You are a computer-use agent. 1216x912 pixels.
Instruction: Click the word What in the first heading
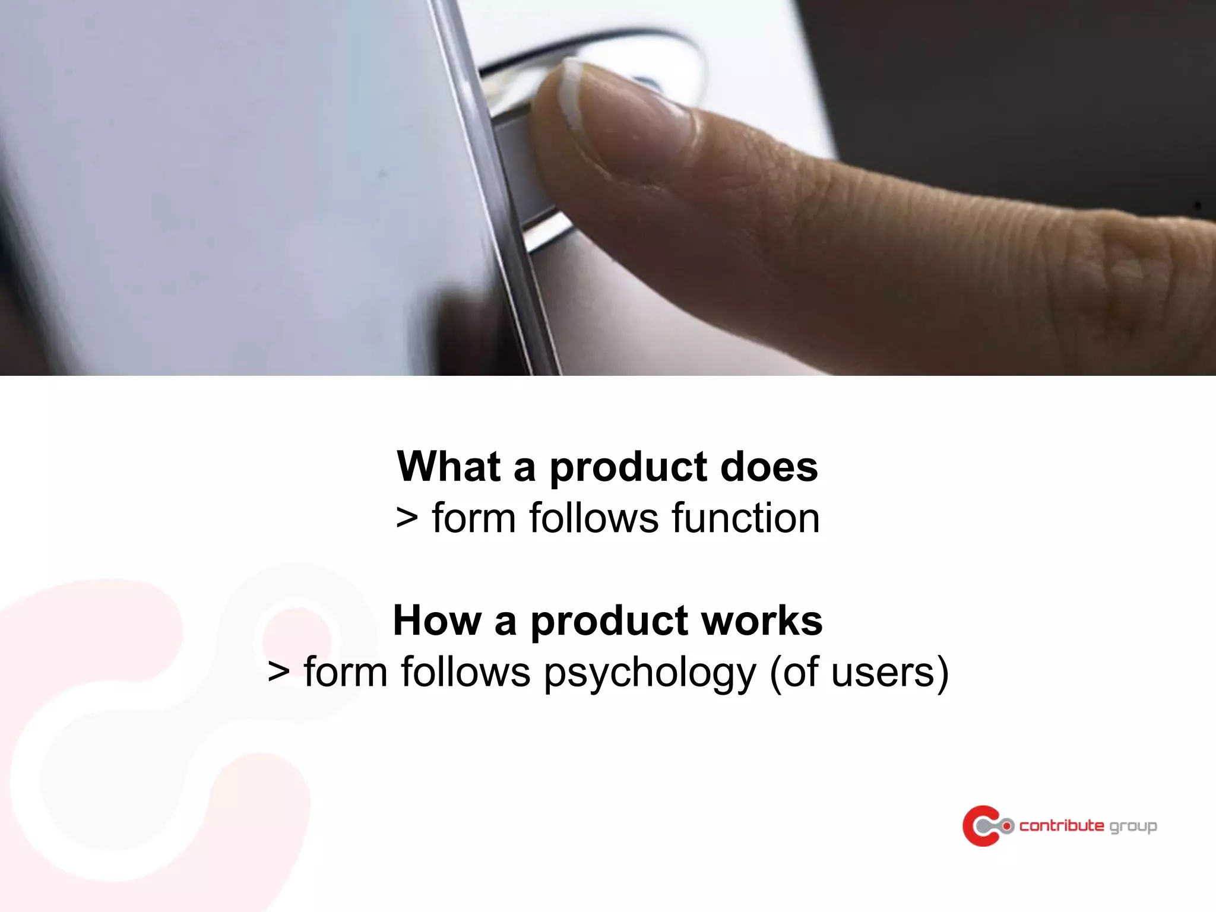(448, 467)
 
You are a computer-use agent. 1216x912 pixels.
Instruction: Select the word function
(746, 518)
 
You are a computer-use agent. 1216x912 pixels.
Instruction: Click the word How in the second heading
(436, 621)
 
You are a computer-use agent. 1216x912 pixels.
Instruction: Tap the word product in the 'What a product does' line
(628, 468)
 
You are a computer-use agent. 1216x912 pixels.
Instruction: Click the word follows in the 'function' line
(593, 518)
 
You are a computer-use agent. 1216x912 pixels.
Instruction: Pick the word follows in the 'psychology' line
(465, 673)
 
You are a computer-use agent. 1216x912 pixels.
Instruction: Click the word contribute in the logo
(1062, 826)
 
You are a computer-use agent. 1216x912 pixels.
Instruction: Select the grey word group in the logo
(1133, 827)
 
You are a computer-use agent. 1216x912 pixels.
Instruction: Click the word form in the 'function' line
(473, 518)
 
